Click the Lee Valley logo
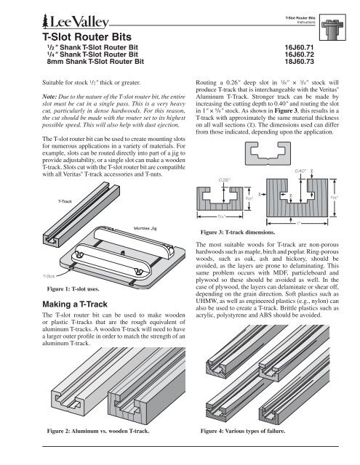(76, 21)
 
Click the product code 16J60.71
(299, 47)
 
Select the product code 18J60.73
(299, 62)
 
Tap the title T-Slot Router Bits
(87, 37)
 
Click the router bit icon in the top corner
(332, 28)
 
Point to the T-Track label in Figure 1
(65, 201)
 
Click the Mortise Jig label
(145, 228)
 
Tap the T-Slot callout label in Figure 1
(49, 276)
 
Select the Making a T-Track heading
(75, 304)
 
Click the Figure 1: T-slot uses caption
(73, 289)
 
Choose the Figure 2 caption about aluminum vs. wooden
(98, 431)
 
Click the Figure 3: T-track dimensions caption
(238, 232)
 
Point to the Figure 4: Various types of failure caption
(243, 431)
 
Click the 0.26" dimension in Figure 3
(225, 180)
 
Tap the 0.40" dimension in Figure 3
(300, 171)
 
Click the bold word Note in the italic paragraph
(49, 97)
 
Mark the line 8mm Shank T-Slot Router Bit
(95, 62)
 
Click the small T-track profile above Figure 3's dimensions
(268, 153)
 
